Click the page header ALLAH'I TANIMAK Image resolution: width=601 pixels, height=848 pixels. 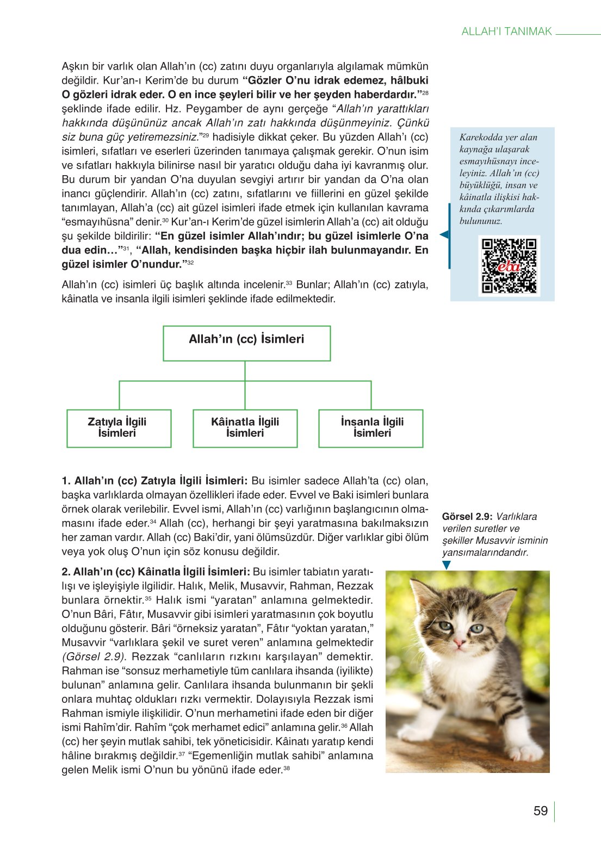(x=506, y=32)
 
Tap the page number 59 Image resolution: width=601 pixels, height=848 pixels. (x=540, y=811)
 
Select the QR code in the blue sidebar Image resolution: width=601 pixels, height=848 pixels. (x=509, y=266)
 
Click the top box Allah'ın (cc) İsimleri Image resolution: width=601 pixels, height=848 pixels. (x=246, y=343)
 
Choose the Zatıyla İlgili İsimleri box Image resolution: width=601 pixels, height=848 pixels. (x=119, y=428)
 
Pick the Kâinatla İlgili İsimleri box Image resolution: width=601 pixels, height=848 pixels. (x=245, y=428)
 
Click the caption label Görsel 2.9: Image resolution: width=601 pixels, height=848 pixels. (x=467, y=517)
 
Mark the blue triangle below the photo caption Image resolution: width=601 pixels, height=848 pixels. (x=447, y=565)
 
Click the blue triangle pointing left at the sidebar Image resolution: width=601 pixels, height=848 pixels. (x=444, y=235)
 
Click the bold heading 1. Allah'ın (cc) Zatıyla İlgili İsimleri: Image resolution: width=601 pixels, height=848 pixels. (x=154, y=481)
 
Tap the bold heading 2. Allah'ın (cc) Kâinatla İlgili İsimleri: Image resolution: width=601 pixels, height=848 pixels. (x=156, y=572)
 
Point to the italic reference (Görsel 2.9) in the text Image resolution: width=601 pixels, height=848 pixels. (x=93, y=657)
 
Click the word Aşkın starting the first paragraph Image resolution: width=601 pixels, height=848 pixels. (x=75, y=67)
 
